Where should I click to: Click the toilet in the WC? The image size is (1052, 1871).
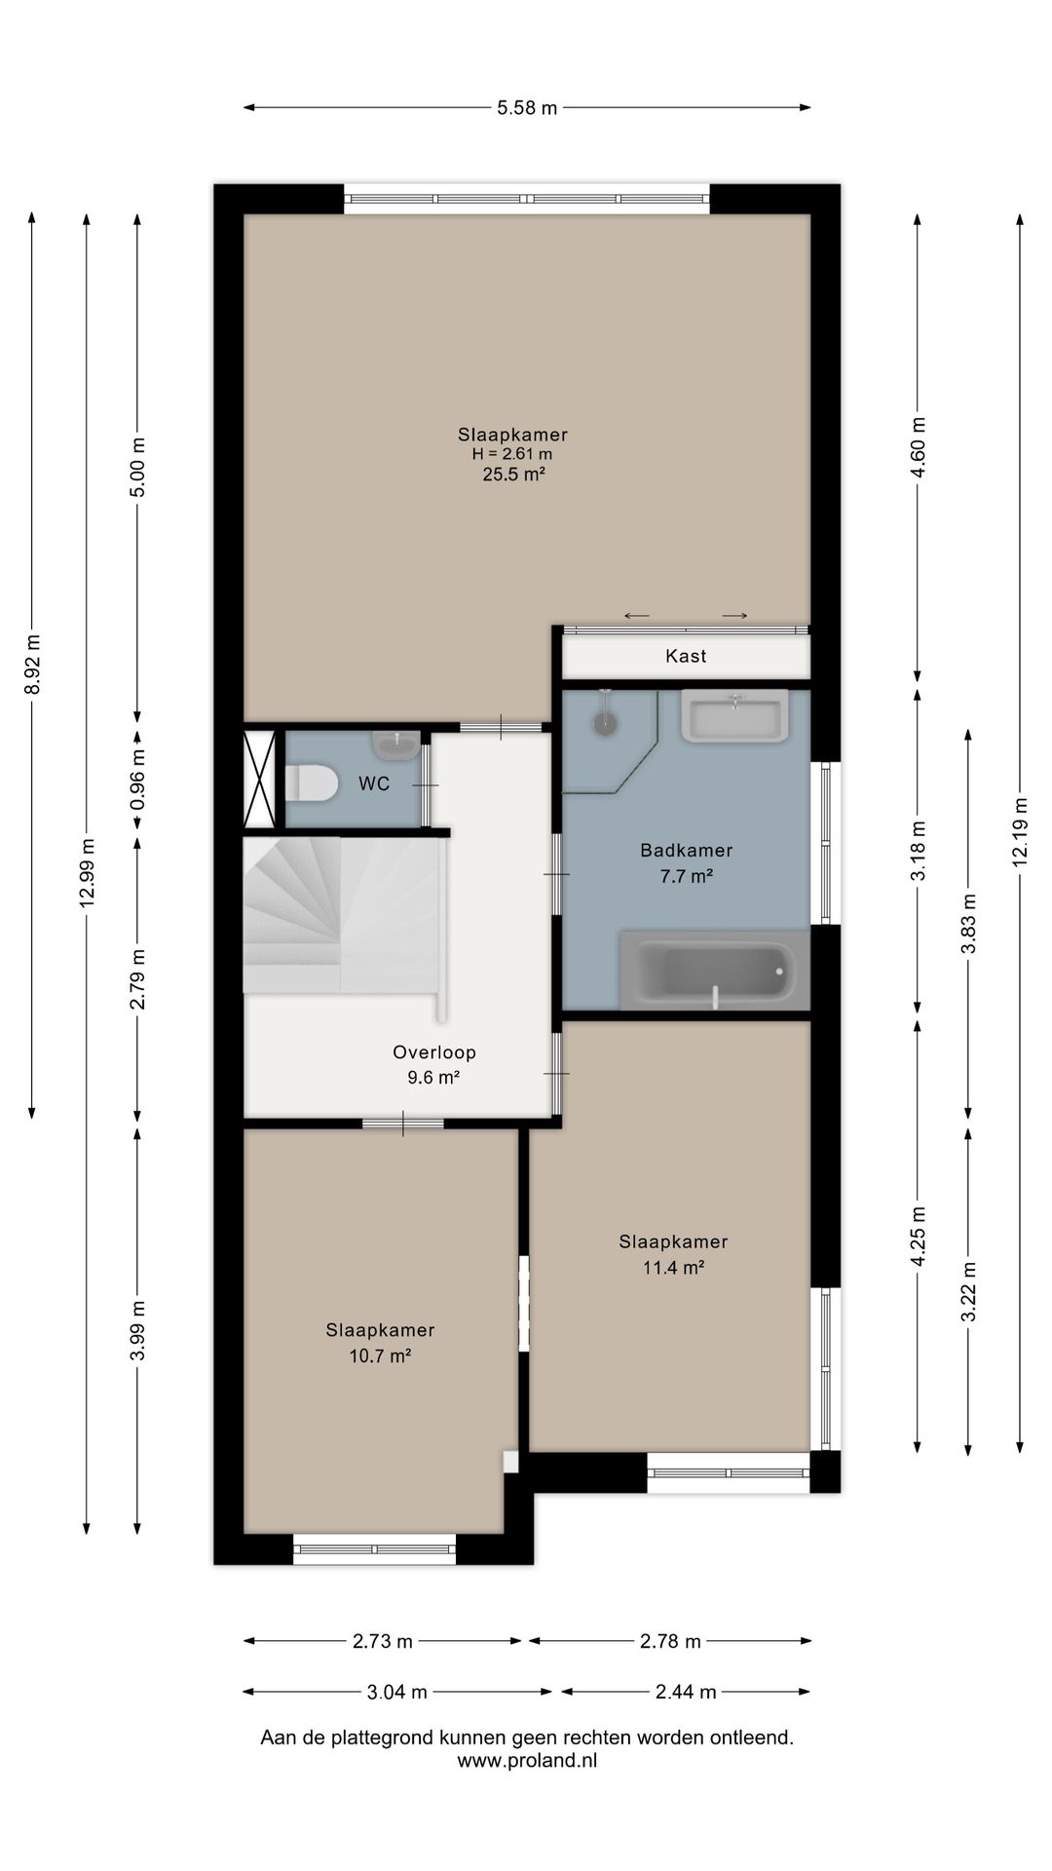pos(311,783)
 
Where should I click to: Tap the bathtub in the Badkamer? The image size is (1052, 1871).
pos(715,970)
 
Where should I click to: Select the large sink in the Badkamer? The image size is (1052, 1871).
pos(733,716)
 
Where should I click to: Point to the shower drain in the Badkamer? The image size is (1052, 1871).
pos(607,723)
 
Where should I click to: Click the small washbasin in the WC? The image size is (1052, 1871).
pos(395,745)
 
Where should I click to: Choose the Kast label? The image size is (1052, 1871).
pos(686,656)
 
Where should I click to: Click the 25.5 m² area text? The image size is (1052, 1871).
pos(513,475)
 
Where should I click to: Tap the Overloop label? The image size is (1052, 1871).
pos(434,1052)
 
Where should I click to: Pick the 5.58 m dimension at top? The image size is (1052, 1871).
pos(527,108)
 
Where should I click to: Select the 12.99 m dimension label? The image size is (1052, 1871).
pos(87,872)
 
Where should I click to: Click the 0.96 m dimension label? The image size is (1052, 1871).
pos(137,779)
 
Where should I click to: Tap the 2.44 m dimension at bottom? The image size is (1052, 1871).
pos(686,1692)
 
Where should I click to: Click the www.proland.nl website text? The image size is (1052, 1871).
pos(527,1760)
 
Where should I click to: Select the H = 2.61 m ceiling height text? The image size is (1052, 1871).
pos(512,454)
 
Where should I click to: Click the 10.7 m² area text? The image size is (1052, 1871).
pos(380,1356)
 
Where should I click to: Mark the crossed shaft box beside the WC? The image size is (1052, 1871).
pos(260,779)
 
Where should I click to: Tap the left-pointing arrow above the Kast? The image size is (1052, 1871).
pos(637,616)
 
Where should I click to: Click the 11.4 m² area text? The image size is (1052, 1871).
pos(673,1267)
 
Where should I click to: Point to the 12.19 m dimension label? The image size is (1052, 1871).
pos(1020,832)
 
